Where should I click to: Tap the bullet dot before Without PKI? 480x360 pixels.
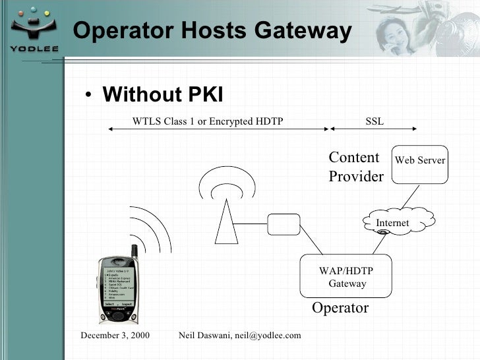click(88, 96)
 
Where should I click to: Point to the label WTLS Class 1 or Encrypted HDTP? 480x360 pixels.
click(208, 121)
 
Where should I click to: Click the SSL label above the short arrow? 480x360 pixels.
click(374, 121)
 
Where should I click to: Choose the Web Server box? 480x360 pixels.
click(419, 164)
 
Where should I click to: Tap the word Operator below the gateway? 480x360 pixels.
click(340, 308)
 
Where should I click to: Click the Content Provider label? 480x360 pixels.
click(355, 167)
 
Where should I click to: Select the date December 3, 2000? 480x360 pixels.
click(115, 336)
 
